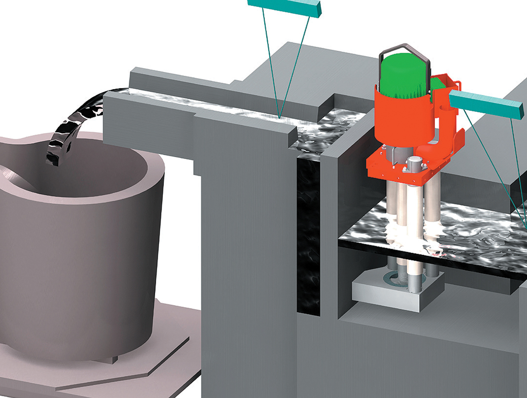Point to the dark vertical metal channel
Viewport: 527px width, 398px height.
[309, 234]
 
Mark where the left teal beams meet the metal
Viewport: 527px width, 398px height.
[280, 117]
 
